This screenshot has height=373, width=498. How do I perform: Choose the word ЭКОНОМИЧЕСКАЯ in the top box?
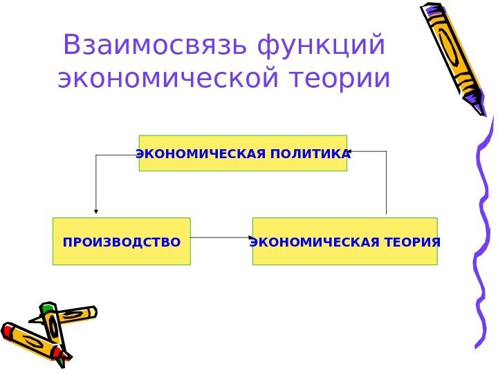199,153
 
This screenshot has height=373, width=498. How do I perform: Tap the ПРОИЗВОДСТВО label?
122,242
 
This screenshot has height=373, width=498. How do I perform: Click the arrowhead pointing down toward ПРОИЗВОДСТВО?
95,210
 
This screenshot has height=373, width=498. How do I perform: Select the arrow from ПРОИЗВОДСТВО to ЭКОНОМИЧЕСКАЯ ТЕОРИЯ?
220,238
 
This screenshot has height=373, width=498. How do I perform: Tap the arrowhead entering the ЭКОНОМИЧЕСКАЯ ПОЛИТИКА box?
351,151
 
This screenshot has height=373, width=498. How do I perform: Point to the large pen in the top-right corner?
454,52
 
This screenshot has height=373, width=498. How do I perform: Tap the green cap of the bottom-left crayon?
48,309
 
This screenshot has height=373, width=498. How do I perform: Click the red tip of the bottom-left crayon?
7,330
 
